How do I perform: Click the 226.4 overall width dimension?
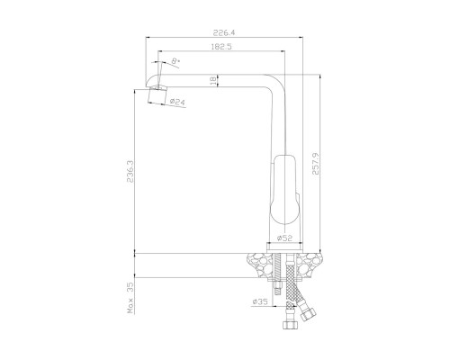tap(224, 32)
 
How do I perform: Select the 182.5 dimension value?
tap(221, 47)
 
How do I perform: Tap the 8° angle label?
tap(175, 61)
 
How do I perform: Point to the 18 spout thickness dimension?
tap(212, 81)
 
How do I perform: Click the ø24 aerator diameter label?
tap(177, 102)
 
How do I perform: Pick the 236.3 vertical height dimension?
tap(130, 171)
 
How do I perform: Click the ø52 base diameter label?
tap(284, 238)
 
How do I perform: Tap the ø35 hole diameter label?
tap(260, 301)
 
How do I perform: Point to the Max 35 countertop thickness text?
tap(130, 298)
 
